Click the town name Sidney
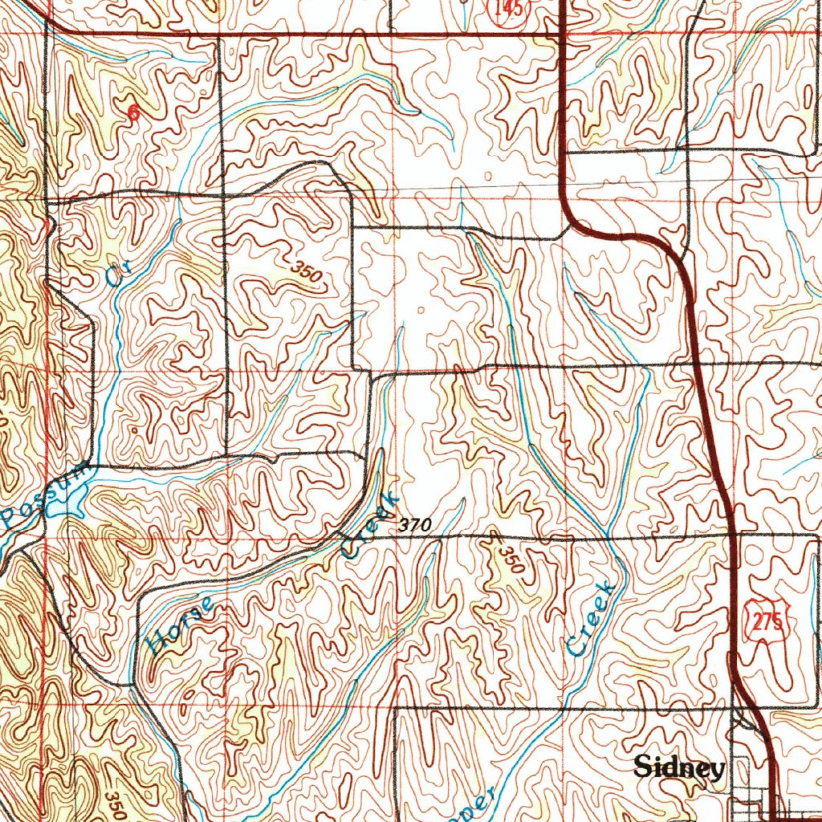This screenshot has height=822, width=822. pos(679,767)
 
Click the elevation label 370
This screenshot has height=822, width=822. pos(416,525)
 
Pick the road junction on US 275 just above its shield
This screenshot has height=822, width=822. pos(735,533)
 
